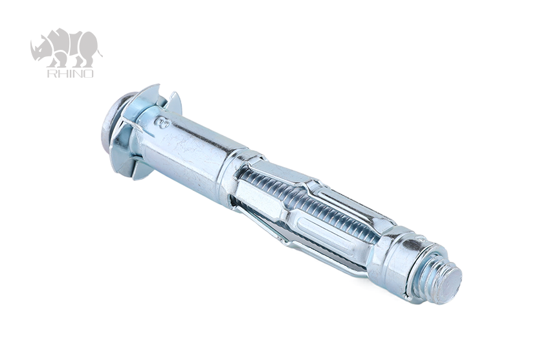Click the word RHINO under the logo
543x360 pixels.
[x=70, y=73]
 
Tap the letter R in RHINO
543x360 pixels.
[x=51, y=73]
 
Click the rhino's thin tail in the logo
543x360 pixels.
[x=100, y=52]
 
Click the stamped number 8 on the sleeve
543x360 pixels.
[x=162, y=122]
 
